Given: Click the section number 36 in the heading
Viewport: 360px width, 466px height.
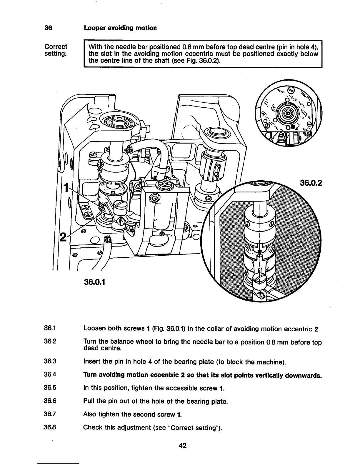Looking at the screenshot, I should click(x=48, y=28).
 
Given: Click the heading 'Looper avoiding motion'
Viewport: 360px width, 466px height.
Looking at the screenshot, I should click(x=120, y=28).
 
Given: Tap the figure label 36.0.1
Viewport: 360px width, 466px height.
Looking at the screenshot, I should click(x=95, y=282).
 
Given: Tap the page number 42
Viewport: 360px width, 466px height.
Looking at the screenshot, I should click(x=182, y=445).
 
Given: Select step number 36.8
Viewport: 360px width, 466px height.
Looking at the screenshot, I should click(x=50, y=427).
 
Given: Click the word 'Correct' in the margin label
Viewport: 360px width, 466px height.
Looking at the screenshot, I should click(x=56, y=47).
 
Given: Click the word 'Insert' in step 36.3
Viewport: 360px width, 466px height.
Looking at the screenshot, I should click(x=91, y=362).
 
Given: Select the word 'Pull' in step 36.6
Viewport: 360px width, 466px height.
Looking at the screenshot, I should click(x=88, y=401).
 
